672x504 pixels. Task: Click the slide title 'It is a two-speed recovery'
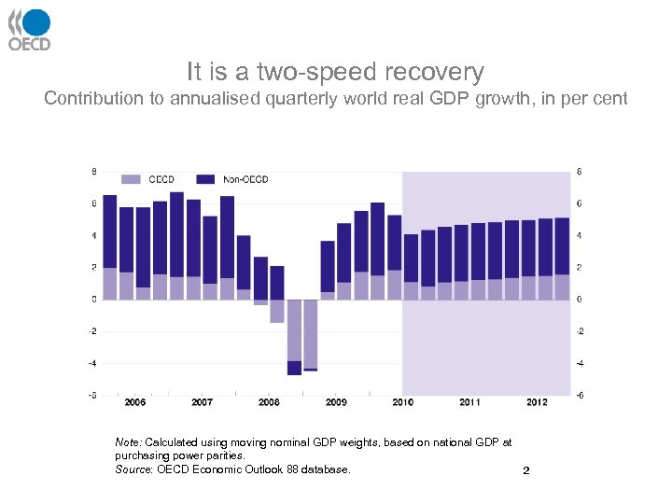[335, 72]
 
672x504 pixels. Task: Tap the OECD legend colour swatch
[131, 179]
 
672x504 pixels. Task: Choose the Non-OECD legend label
[245, 179]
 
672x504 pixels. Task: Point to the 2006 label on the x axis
[134, 402]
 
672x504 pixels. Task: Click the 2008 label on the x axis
[269, 402]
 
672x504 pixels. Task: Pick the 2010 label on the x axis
[402, 402]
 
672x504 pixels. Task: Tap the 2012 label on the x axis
[537, 402]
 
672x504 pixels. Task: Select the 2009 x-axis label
[336, 402]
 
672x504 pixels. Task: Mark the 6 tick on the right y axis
[581, 203]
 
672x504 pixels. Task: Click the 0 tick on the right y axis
[581, 300]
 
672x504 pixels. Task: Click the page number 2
[526, 470]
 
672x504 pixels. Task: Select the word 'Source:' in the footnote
[132, 469]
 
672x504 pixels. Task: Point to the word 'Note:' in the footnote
[128, 441]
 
